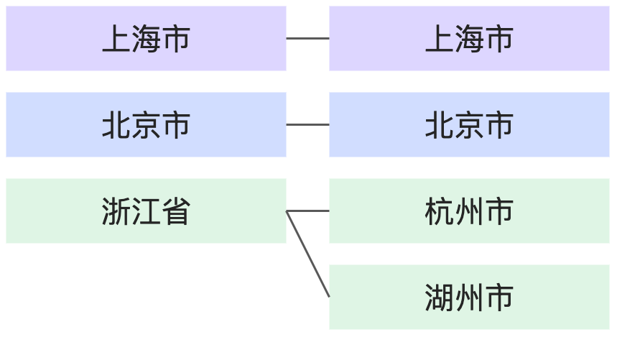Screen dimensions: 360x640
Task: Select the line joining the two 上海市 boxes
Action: [307, 38]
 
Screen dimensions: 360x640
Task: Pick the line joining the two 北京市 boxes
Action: [307, 124]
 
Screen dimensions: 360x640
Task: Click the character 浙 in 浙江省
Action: [116, 211]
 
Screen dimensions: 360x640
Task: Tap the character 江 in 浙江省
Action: [146, 211]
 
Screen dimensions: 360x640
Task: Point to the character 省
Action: [176, 211]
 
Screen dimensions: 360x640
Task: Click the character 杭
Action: [439, 211]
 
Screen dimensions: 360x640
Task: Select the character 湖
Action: [439, 297]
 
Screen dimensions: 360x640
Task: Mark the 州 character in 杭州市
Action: [469, 211]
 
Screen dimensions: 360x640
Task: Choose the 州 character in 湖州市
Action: [469, 297]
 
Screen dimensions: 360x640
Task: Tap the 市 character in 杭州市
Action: [499, 211]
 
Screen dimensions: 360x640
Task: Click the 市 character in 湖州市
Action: [499, 297]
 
